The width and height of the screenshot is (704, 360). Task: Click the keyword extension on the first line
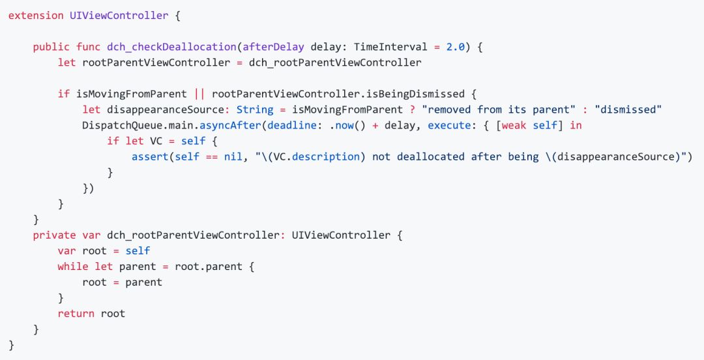pyautogui.click(x=36, y=15)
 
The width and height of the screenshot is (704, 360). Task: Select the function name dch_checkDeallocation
pyautogui.click(x=171, y=47)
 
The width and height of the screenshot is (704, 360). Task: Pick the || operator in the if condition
pyautogui.click(x=199, y=94)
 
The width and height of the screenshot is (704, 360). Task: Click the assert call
pyautogui.click(x=150, y=157)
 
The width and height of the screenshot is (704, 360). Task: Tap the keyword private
pyautogui.click(x=54, y=235)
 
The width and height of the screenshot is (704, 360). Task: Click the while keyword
pyautogui.click(x=72, y=266)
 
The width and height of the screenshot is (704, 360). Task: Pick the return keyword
pyautogui.click(x=76, y=313)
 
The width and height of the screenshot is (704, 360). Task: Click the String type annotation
pyautogui.click(x=255, y=110)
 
